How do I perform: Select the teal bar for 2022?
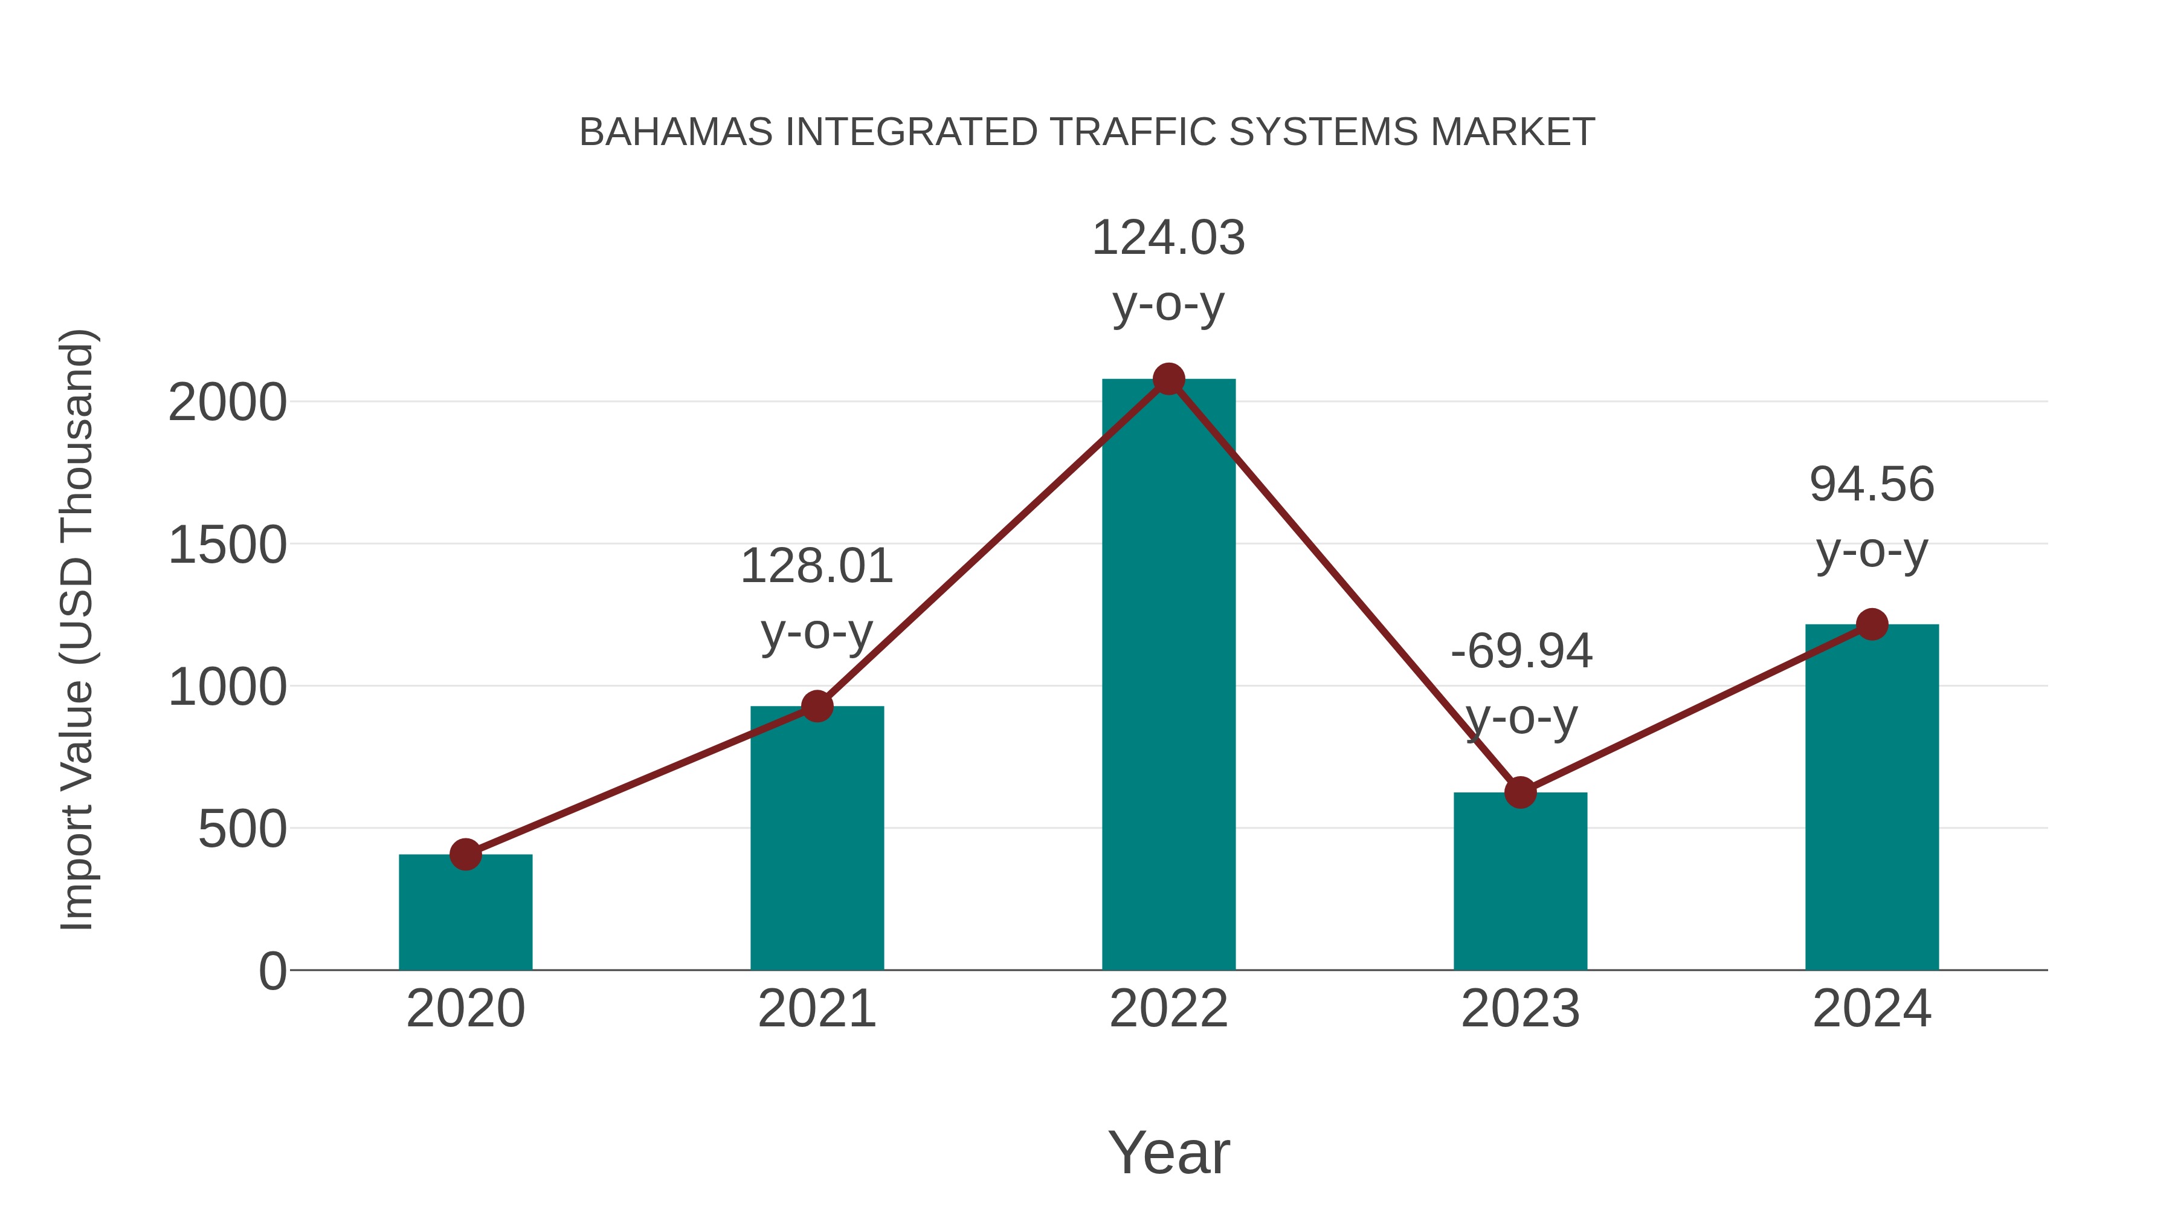point(1168,676)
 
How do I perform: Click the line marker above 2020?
point(465,854)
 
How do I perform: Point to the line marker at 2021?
point(816,706)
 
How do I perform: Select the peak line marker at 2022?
point(1168,379)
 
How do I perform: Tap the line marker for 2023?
point(1520,792)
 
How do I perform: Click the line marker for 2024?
point(1872,624)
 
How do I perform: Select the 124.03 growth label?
point(1168,238)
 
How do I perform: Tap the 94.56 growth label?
point(1872,485)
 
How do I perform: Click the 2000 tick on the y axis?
point(227,403)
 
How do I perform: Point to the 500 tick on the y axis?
point(242,829)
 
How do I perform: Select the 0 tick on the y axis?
point(272,971)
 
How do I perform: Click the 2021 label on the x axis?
point(816,1009)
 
